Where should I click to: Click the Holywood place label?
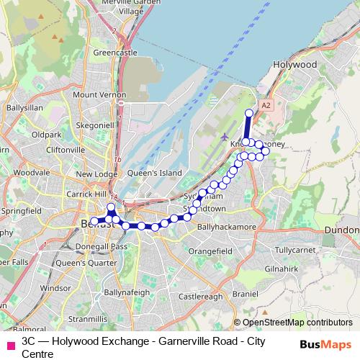click(295, 64)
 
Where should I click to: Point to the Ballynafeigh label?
click(127, 293)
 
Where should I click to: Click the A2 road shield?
click(266, 105)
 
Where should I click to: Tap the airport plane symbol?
click(225, 136)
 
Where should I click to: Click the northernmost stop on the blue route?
click(250, 113)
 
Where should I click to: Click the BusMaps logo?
click(325, 345)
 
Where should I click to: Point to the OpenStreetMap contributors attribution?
click(293, 323)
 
